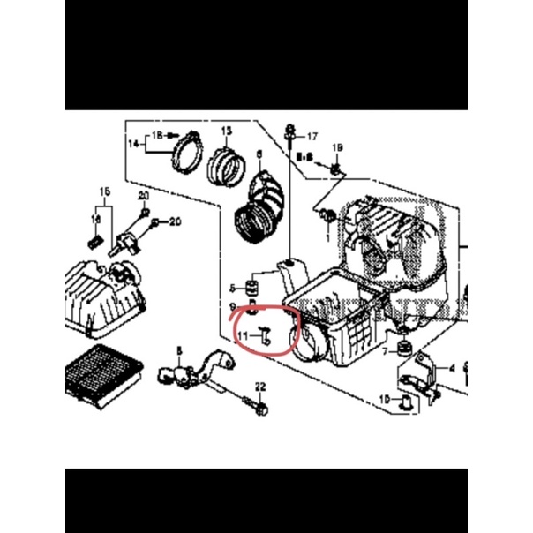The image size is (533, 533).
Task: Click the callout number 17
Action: (x=310, y=137)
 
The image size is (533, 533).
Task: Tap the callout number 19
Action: (x=335, y=146)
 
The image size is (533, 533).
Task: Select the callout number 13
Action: (x=226, y=131)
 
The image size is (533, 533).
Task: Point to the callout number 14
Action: (x=133, y=143)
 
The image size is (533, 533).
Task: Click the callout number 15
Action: (x=104, y=191)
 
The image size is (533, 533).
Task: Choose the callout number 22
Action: (x=260, y=387)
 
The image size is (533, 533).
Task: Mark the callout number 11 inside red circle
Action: (x=243, y=336)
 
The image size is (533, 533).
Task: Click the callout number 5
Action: (x=232, y=288)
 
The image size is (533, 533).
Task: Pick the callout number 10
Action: (x=384, y=399)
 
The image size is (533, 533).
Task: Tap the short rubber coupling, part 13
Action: (x=226, y=165)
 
